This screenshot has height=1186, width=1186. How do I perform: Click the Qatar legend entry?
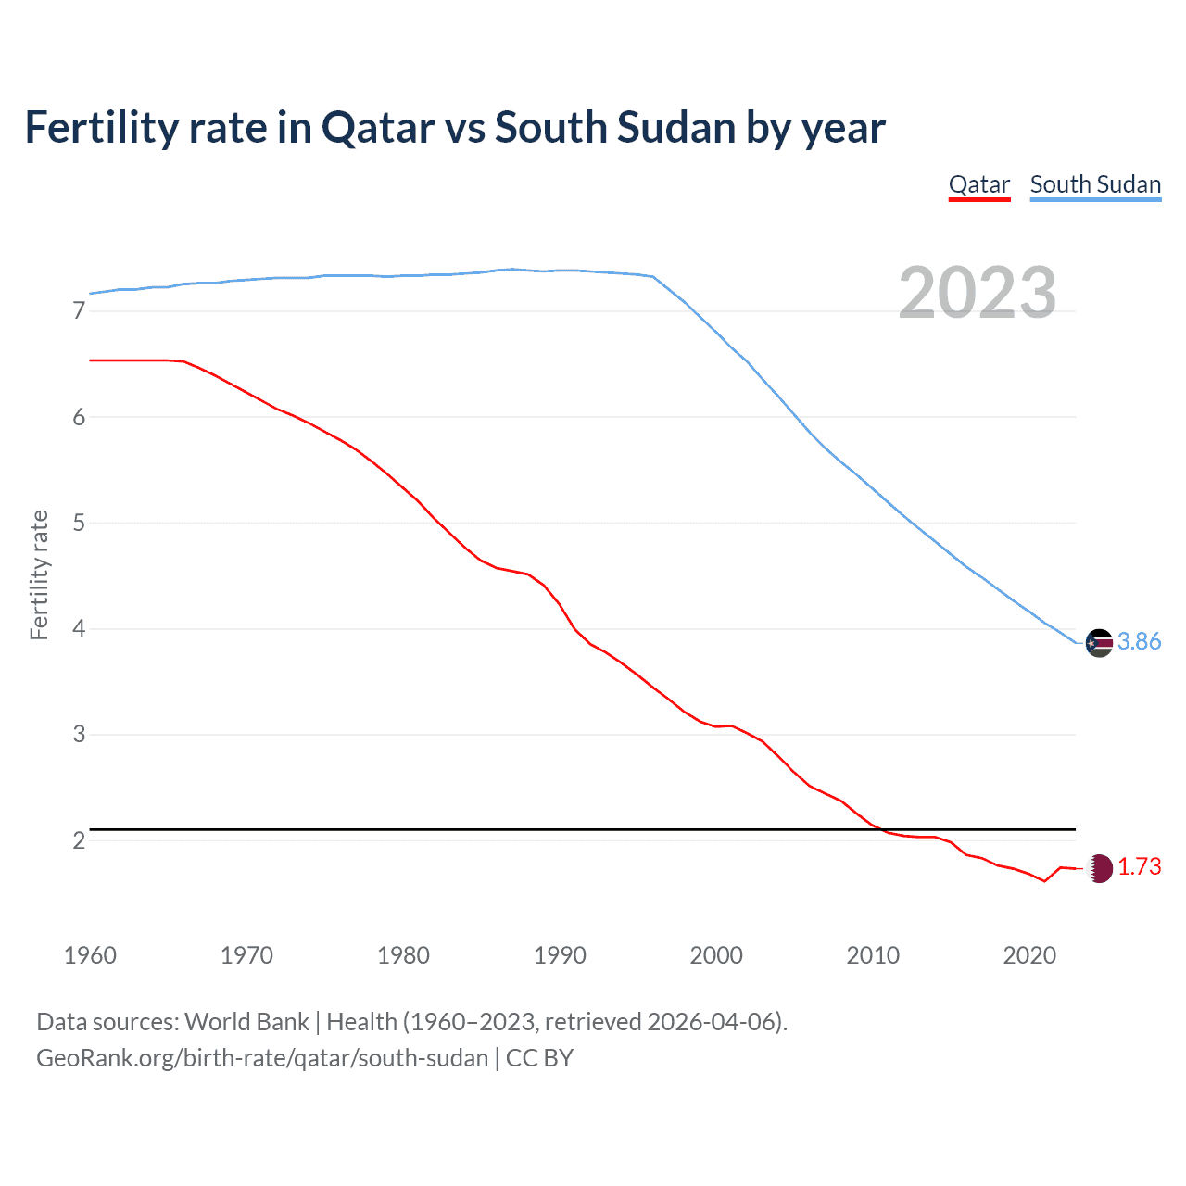pos(978,184)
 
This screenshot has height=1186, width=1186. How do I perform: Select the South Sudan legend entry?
pos(1095,184)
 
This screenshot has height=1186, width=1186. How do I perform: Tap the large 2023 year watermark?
pos(977,293)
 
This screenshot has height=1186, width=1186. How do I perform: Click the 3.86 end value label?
pos(1139,641)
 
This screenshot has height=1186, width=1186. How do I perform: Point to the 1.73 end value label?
pos(1139,866)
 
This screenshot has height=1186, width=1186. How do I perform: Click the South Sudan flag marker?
pos(1099,642)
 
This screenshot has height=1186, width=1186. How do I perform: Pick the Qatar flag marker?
pos(1099,868)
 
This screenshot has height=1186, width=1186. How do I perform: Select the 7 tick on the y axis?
pos(79,311)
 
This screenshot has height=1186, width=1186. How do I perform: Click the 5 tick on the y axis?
pos(79,523)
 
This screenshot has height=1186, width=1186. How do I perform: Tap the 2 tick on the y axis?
pos(79,840)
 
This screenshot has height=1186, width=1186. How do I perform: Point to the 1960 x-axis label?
pos(90,955)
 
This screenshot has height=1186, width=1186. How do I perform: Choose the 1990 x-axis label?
pos(560,955)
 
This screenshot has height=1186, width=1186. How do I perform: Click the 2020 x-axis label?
pos(1029,955)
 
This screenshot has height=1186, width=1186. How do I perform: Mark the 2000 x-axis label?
pos(716,955)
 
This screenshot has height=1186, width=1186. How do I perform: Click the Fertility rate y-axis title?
pos(39,574)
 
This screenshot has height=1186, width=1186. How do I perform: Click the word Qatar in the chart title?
pos(378,127)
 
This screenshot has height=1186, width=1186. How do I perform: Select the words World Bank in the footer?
pos(246,1022)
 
